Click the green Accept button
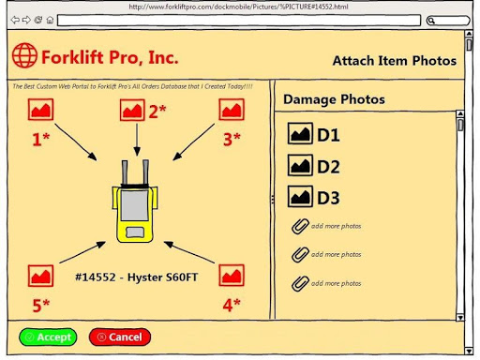point(48,337)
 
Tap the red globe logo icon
point(24,55)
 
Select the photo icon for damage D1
point(300,133)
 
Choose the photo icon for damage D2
point(300,165)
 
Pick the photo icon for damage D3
point(300,197)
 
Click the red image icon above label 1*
point(40,110)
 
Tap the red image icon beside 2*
point(132,110)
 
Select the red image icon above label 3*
point(232,110)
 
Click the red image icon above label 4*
point(232,276)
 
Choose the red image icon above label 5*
point(40,276)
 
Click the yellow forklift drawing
point(135,202)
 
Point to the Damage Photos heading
point(334,99)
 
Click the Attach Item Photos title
point(395,61)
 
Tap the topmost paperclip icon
point(300,226)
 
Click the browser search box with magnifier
point(448,21)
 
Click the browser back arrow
point(15,21)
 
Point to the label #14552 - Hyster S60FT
point(137,277)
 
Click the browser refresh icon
point(38,21)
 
